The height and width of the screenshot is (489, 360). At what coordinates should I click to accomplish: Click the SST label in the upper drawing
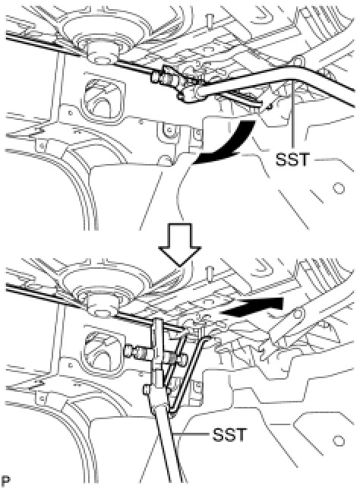click(292, 159)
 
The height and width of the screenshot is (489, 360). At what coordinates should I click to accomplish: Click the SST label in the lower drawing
click(229, 434)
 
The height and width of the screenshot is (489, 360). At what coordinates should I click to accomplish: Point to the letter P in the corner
click(5, 479)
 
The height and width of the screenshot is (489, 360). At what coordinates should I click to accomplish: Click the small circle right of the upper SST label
click(339, 188)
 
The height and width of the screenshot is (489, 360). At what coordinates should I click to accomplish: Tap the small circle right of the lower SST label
click(339, 441)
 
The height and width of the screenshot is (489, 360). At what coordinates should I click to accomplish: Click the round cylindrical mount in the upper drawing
click(103, 52)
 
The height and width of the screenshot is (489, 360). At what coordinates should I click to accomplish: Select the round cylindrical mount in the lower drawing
click(103, 304)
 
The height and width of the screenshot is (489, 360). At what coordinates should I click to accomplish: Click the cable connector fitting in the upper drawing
click(166, 77)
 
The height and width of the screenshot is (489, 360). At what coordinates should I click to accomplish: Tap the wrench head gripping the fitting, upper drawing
click(190, 94)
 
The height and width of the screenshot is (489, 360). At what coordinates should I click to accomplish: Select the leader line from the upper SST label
click(293, 115)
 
